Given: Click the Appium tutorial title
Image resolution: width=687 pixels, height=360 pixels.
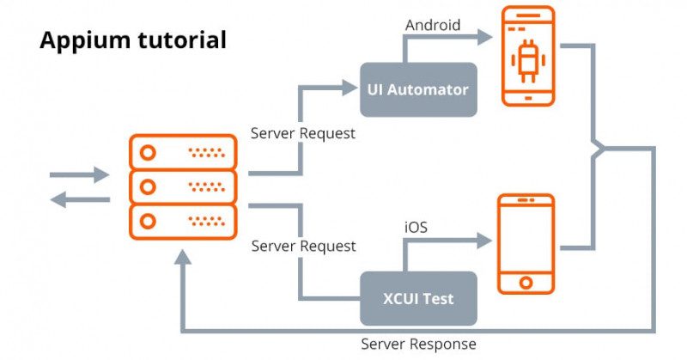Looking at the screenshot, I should click(133, 40).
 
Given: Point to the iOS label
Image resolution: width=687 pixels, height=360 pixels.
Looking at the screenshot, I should click(416, 228).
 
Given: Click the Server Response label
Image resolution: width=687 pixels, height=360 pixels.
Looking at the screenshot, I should click(418, 344).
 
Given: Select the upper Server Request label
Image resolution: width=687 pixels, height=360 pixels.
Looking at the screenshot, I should click(302, 134).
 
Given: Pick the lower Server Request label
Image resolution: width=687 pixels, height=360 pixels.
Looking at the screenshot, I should click(303, 246).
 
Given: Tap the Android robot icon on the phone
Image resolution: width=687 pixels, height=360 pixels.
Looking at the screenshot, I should click(527, 64).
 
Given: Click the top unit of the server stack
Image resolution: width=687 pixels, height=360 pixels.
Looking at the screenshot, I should click(182, 152).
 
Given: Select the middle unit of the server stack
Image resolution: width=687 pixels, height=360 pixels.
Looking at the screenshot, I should click(182, 186).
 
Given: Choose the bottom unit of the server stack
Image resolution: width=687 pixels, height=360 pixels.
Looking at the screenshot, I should click(182, 221).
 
